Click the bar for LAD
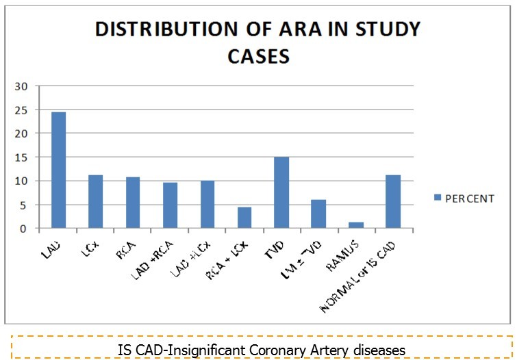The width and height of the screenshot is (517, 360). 58,170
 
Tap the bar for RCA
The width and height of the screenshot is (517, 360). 132,203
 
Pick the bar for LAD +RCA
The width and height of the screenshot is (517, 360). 169,205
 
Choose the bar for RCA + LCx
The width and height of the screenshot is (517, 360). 244,218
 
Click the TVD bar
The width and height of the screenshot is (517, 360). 281,192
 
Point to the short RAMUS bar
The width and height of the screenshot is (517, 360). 355,225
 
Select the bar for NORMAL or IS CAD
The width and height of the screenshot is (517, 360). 392,201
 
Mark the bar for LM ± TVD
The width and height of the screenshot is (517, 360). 318,214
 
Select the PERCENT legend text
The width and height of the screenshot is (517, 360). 470,199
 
